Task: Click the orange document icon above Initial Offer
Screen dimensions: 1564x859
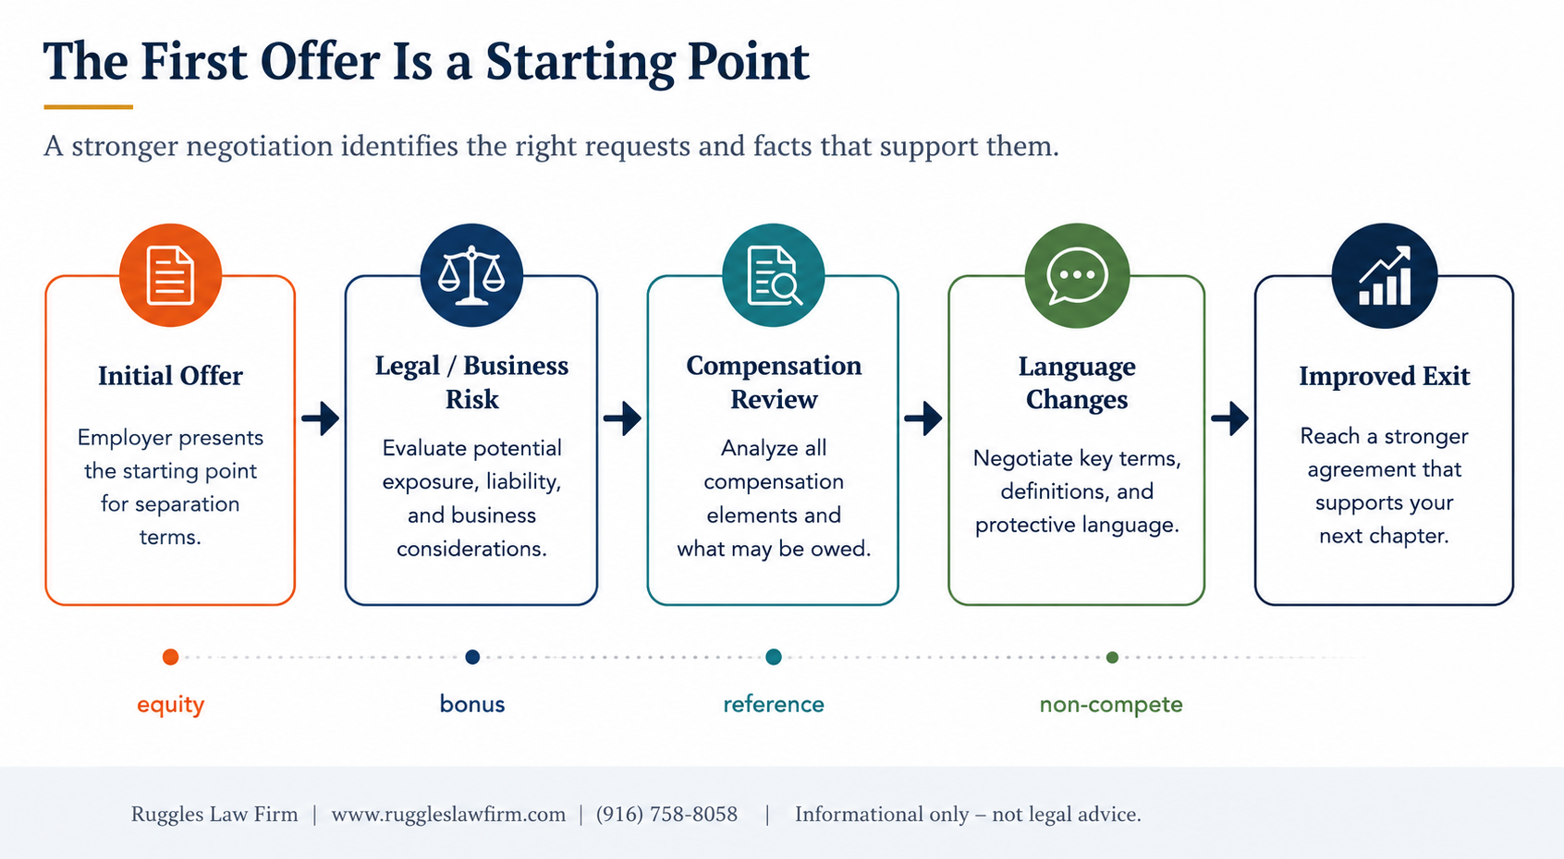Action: point(170,275)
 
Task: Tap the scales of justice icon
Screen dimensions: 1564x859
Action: point(471,275)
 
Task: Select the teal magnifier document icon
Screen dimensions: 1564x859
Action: point(774,275)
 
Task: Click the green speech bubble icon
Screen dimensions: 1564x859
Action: point(1077,275)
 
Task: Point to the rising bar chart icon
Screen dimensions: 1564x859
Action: point(1385,275)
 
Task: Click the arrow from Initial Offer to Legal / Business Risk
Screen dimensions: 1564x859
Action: point(321,418)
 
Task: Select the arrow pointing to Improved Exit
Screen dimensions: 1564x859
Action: point(1229,418)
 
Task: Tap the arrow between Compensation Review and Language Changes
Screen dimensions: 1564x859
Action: point(923,418)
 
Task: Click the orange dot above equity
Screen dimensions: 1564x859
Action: point(170,657)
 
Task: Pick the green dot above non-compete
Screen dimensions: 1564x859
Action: point(1112,658)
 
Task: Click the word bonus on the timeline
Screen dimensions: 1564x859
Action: point(472,704)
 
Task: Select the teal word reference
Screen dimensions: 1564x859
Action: point(774,704)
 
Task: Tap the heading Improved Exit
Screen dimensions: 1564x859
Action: point(1385,376)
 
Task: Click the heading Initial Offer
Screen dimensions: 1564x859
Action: point(170,376)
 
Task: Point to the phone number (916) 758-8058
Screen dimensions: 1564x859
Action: point(666,815)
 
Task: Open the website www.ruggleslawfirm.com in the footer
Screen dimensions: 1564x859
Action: point(448,815)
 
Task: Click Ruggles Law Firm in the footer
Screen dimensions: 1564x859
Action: point(214,815)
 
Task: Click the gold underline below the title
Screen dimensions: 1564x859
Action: point(88,107)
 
